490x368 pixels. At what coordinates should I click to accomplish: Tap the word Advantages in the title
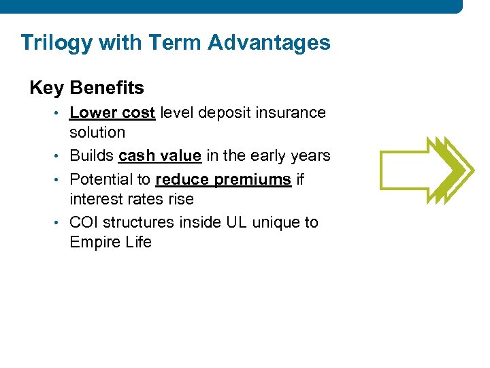pos(269,42)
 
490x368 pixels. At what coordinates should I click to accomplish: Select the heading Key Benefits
pos(86,88)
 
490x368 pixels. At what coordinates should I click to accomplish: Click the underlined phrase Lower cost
pos(112,112)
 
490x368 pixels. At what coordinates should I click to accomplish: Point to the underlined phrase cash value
pos(159,155)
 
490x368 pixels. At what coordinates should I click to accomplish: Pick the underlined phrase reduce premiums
pos(223,179)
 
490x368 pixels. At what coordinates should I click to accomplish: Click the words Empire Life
pos(110,243)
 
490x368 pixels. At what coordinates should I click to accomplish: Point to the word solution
pos(97,132)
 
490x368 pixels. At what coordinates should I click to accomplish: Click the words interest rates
pos(131,199)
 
